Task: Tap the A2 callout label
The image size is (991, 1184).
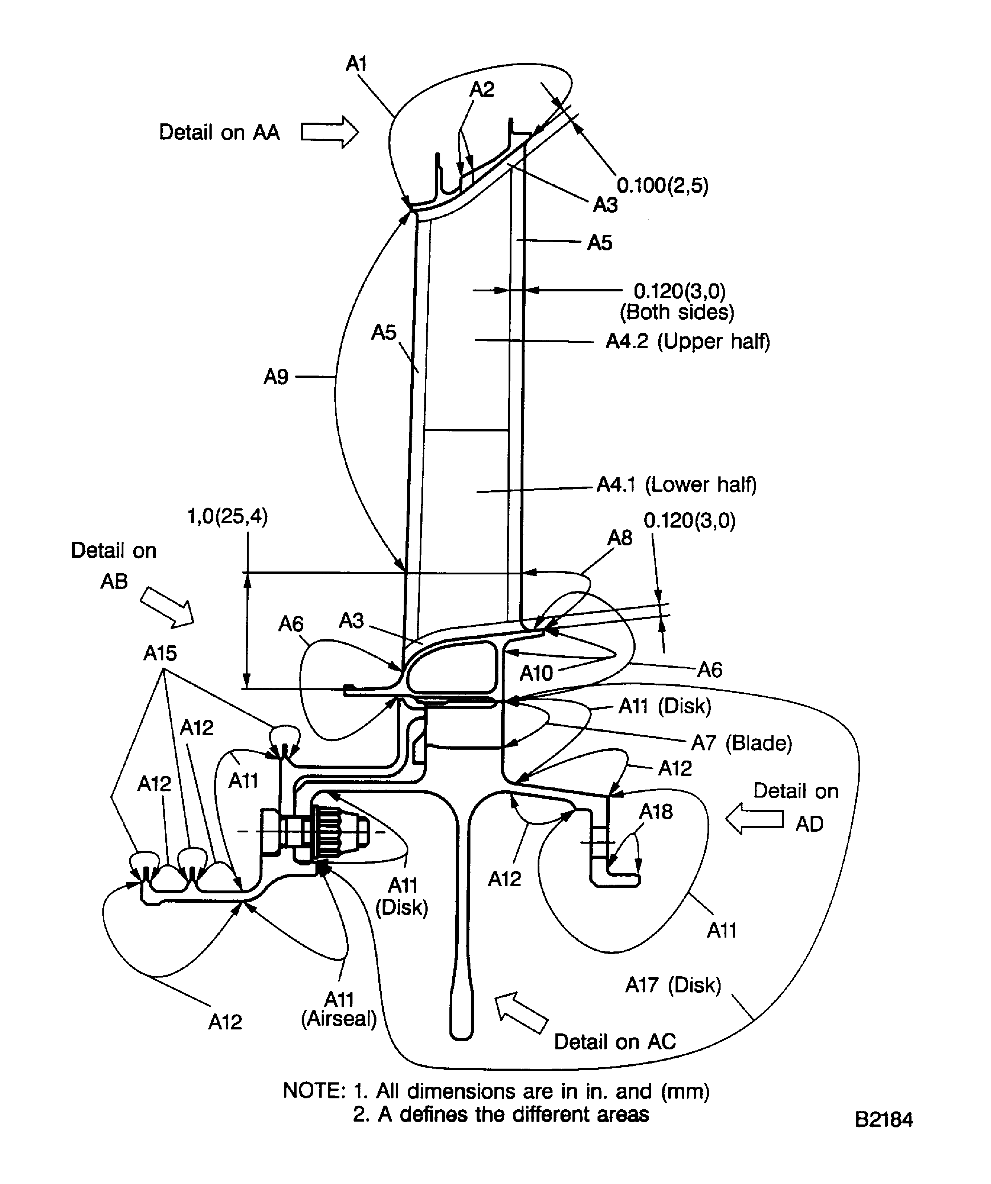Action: coord(482,89)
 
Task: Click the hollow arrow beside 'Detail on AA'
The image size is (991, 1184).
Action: coord(329,132)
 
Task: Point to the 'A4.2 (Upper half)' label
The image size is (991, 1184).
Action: coord(687,341)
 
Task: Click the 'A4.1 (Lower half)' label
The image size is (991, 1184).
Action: coord(676,484)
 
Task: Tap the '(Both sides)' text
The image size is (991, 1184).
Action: coord(677,312)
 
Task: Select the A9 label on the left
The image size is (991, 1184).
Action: coord(276,377)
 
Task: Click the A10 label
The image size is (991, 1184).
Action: coord(536,673)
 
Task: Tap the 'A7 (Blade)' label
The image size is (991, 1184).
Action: coord(741,743)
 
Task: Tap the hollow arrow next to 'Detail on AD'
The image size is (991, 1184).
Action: coord(754,819)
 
